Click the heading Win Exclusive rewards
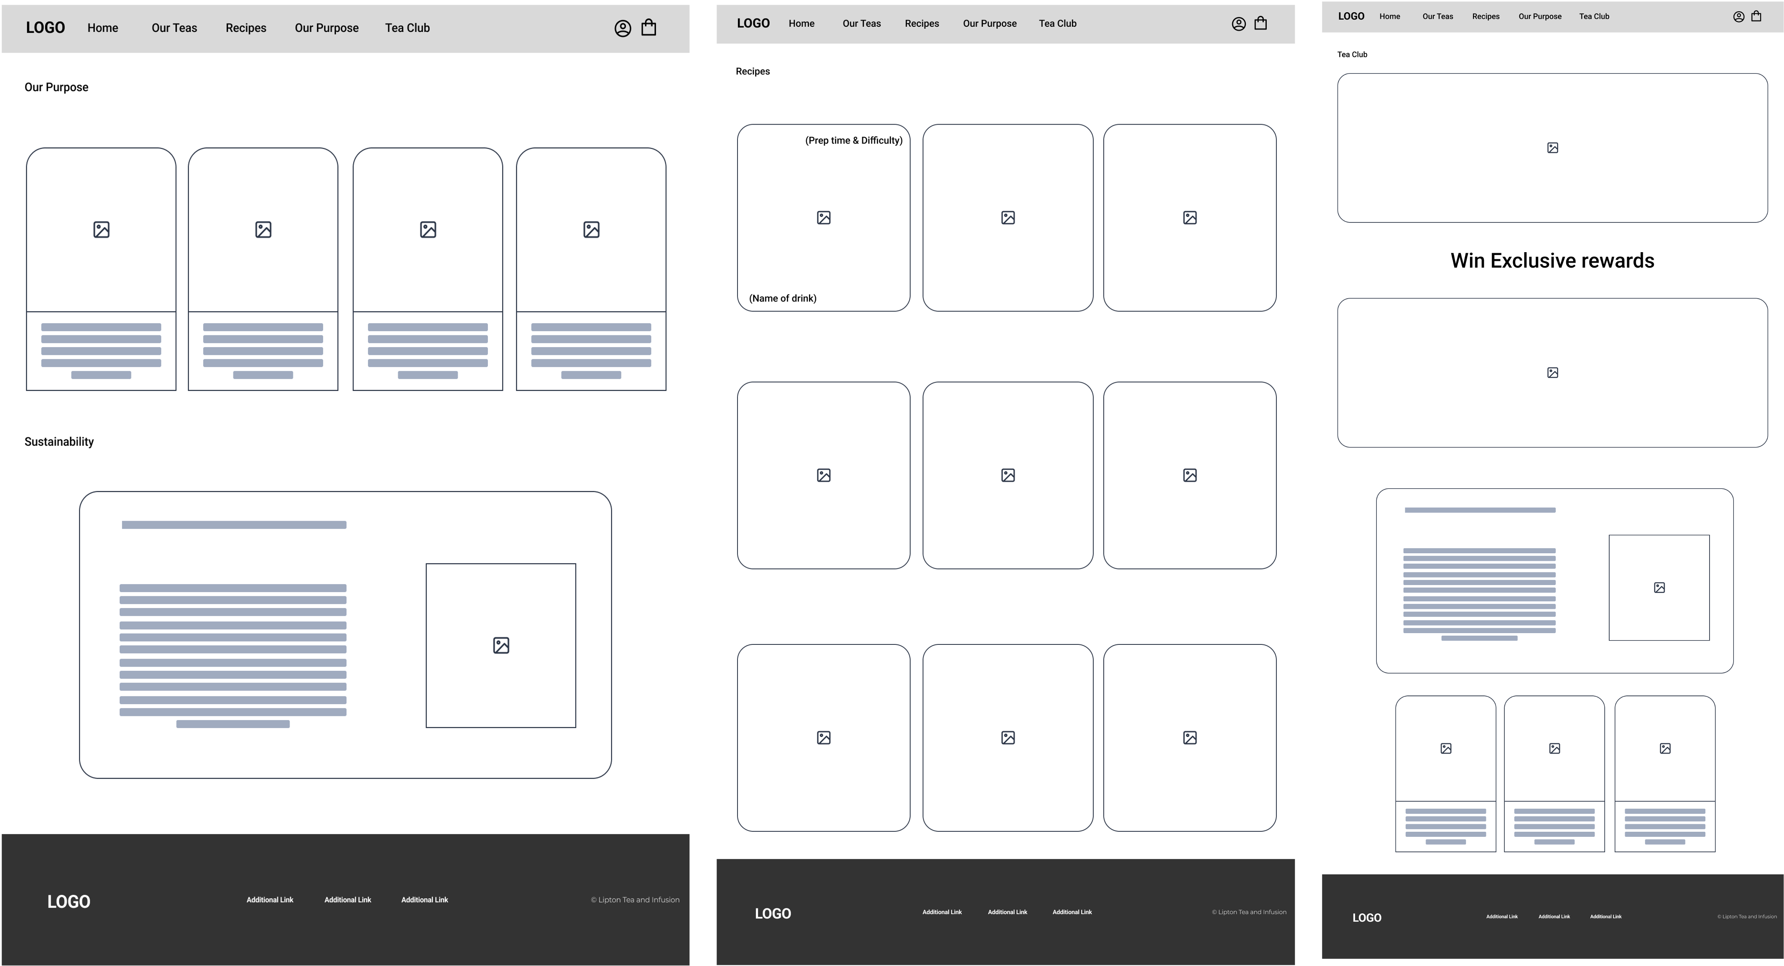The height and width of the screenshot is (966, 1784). click(1552, 261)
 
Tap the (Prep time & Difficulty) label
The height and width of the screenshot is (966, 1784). click(853, 141)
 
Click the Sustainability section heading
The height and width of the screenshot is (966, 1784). click(59, 442)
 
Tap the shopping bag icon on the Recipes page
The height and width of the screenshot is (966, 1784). click(1261, 23)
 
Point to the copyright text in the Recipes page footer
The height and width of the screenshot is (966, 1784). click(1249, 912)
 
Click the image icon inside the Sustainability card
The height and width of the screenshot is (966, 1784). click(501, 645)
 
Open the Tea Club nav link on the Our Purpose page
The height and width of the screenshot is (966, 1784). click(407, 28)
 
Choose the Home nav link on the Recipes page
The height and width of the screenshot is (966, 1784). click(801, 23)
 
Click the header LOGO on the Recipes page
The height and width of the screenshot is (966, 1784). click(753, 23)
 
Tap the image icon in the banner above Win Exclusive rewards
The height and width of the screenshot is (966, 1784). click(1552, 148)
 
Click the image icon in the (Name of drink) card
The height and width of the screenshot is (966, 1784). click(824, 217)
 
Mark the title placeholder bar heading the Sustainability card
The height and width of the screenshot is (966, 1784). click(234, 525)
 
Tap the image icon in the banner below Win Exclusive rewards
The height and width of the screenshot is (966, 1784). click(1552, 373)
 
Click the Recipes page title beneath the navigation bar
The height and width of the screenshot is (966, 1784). click(752, 72)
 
